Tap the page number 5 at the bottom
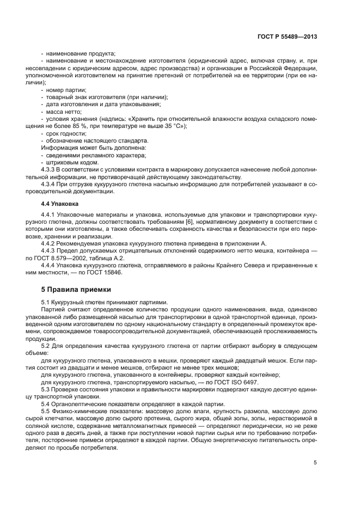315,463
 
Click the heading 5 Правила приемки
76,290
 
